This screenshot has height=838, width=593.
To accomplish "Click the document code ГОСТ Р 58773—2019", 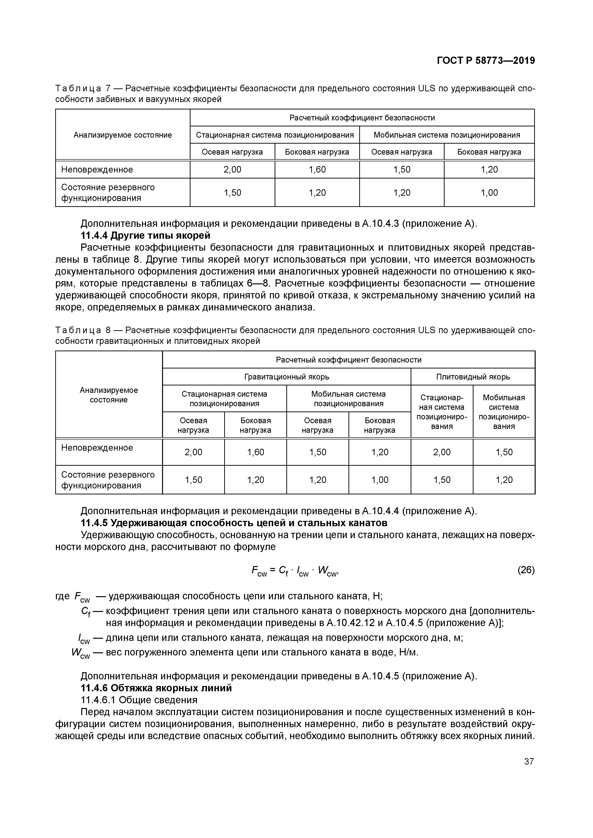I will tap(486, 61).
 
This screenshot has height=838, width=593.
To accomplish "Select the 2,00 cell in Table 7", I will tap(232, 169).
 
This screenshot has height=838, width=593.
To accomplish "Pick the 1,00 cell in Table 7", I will tap(489, 192).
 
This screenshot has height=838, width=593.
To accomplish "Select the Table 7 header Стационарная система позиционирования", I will tap(275, 135).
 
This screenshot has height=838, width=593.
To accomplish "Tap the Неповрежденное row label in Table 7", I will tap(97, 169).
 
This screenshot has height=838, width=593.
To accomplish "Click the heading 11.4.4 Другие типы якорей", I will tap(145, 235).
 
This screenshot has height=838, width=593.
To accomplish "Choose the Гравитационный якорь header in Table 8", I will tap(286, 377).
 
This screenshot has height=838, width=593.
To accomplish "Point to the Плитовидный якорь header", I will tap(473, 377).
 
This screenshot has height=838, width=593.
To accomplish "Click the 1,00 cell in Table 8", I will tap(380, 480).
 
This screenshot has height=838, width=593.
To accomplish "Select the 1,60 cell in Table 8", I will tap(255, 452).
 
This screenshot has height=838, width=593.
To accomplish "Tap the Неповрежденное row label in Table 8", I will tap(97, 448).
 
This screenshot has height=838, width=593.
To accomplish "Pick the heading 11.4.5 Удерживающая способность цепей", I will tap(234, 523).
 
